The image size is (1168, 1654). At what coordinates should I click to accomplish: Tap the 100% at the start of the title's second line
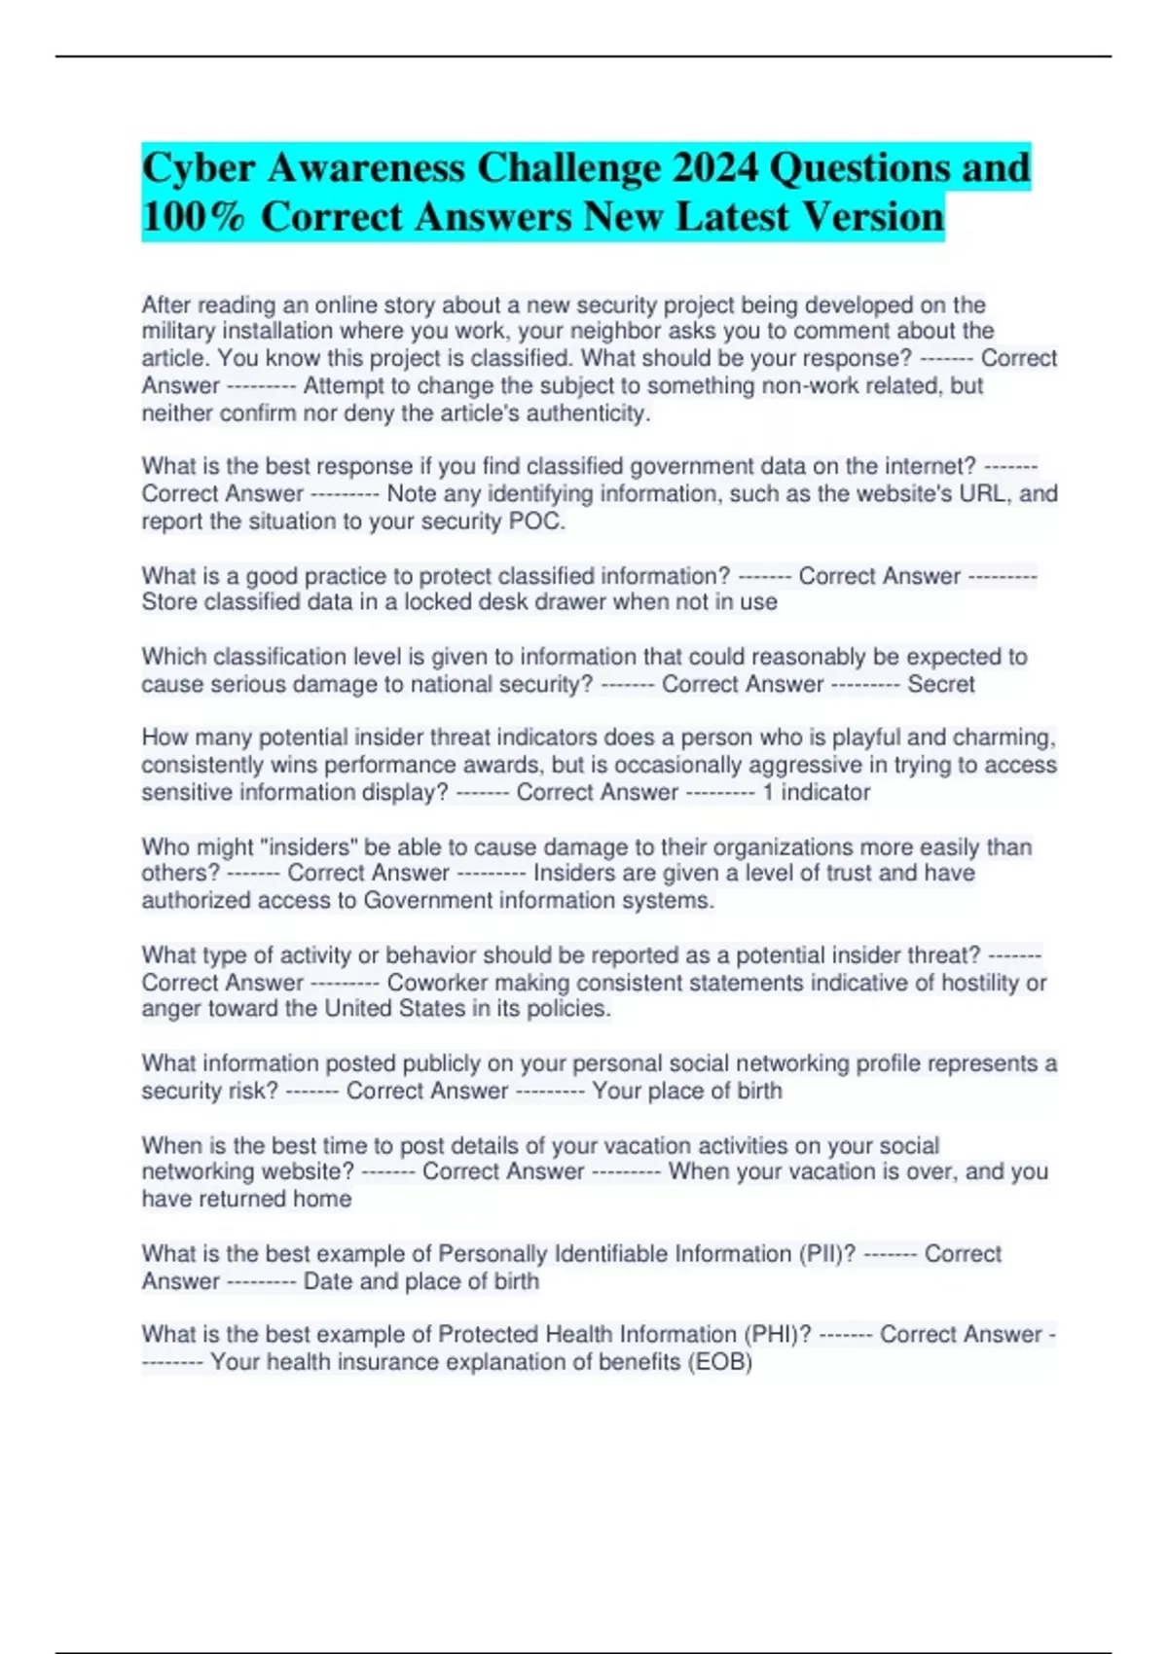(194, 216)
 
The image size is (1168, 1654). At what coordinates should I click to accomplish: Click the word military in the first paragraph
(177, 331)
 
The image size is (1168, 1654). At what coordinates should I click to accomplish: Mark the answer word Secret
(940, 684)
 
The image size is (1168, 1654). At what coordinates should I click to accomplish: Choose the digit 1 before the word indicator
(768, 792)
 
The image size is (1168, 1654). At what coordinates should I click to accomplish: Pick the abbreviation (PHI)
(777, 1334)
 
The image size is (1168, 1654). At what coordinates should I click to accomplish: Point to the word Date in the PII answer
(328, 1281)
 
